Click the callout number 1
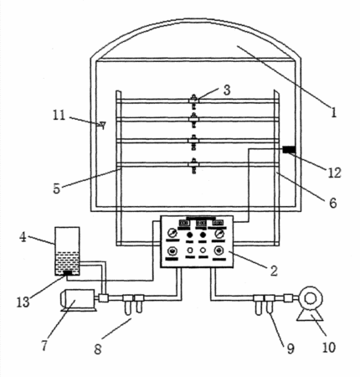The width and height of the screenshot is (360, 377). (334, 111)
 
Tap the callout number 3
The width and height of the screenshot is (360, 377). (227, 90)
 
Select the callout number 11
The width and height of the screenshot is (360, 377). (59, 116)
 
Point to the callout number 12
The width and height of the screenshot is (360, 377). (334, 173)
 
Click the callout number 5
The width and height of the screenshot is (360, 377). (57, 188)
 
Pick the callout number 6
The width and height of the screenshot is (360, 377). (333, 203)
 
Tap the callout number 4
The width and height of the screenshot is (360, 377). (23, 237)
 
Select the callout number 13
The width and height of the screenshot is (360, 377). (23, 302)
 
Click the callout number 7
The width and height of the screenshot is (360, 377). (44, 345)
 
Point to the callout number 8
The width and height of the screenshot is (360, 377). (97, 349)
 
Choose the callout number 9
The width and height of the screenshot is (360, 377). (291, 349)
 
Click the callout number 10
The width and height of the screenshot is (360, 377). (329, 347)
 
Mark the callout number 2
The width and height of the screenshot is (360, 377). (274, 271)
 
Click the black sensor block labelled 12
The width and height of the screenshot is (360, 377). (289, 150)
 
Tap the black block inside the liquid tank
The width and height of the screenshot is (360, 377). (67, 272)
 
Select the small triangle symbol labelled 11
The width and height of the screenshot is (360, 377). (101, 125)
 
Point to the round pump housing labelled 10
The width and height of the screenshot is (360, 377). (311, 299)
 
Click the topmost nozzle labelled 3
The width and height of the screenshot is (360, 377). (193, 101)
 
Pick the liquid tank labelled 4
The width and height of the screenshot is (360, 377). (67, 251)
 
